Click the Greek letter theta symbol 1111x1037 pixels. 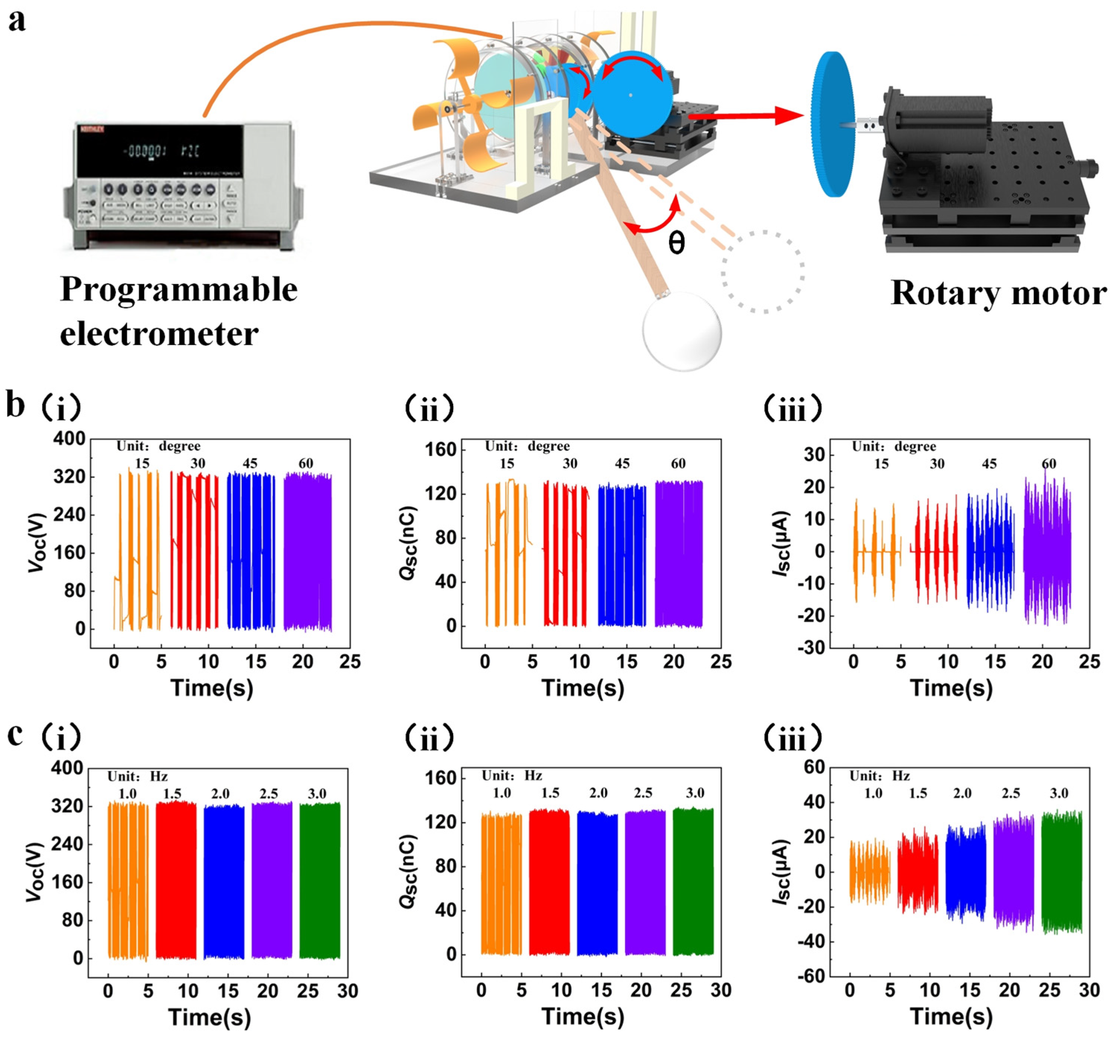[676, 243]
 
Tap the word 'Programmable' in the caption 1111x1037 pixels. [179, 290]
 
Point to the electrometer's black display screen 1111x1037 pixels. [159, 150]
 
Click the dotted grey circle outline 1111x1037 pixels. [763, 271]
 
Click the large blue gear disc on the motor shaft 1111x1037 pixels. [833, 124]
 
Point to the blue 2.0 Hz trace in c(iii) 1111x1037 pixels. [965, 872]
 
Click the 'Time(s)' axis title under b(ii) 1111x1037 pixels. [583, 687]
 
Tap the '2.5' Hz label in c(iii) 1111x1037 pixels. [1011, 793]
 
